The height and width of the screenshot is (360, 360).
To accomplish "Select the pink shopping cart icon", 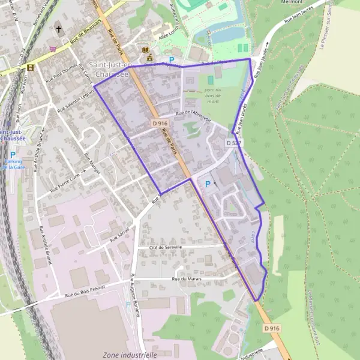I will pyautogui.click(x=53, y=49).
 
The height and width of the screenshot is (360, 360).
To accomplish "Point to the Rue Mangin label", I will pyautogui.click(x=92, y=161).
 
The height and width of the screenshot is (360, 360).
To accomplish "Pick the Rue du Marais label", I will pyautogui.click(x=185, y=278).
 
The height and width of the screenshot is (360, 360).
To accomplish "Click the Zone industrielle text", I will pyautogui.click(x=130, y=355).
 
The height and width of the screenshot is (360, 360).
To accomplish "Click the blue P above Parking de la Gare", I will pyautogui.click(x=13, y=154).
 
